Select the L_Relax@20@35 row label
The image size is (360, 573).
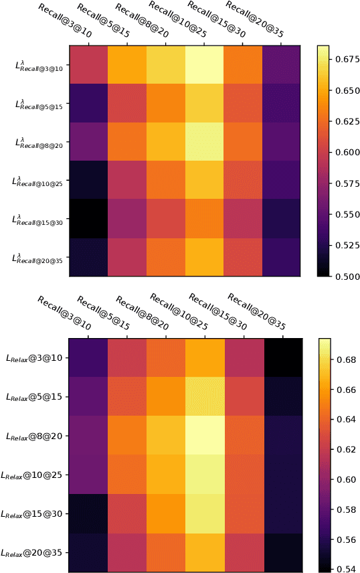34,553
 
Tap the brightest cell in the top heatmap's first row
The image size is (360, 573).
205,66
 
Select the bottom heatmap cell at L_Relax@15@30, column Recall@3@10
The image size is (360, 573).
89,514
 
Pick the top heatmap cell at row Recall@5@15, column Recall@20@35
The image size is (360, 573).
282,104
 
